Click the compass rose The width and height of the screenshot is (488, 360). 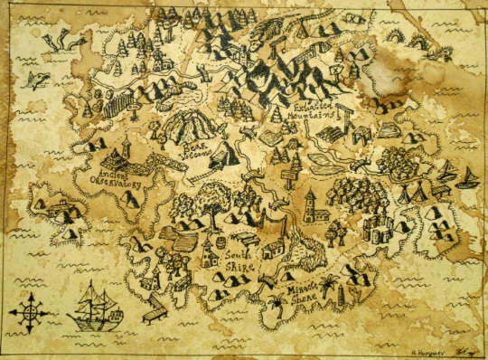[28, 310]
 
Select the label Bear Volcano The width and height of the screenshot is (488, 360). [192, 147]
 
